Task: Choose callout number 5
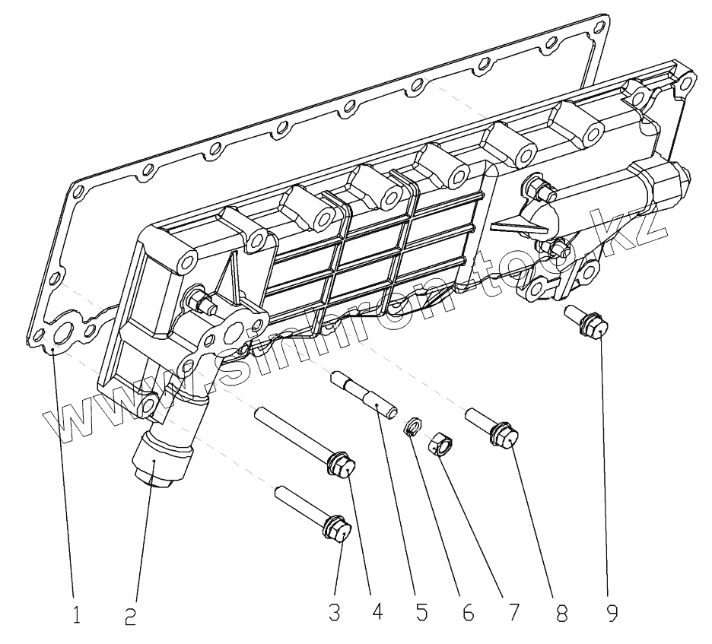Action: click(x=421, y=612)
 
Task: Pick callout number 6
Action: click(x=467, y=612)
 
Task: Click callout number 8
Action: click(x=561, y=612)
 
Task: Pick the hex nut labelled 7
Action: click(x=440, y=444)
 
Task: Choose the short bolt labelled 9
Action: click(x=590, y=322)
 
